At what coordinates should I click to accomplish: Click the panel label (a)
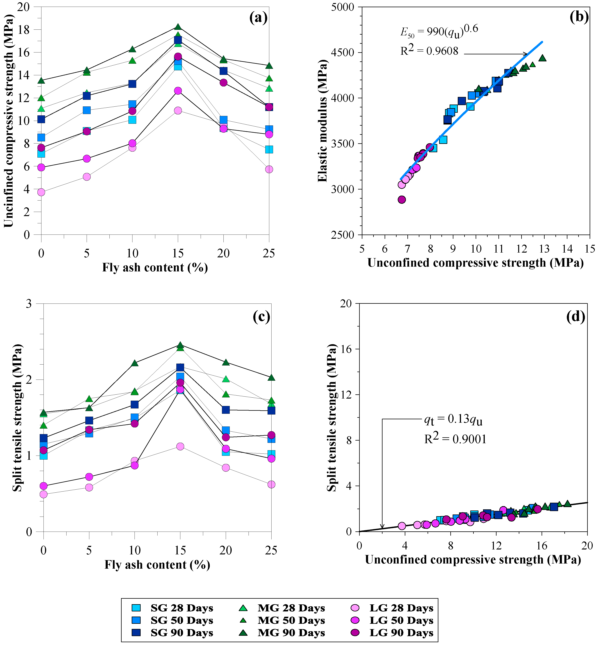coord(258,18)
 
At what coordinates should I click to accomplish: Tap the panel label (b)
coord(579,17)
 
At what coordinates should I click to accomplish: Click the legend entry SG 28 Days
coord(181,608)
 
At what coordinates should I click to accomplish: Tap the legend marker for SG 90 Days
coord(136,633)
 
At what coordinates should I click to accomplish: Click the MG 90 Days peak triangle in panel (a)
coord(178,27)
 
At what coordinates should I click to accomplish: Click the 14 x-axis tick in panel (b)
coord(567,249)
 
